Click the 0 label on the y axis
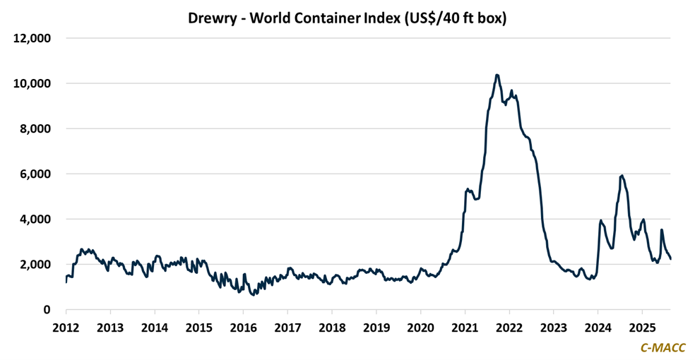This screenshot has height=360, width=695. click(x=47, y=309)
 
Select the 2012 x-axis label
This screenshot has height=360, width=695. click(x=66, y=328)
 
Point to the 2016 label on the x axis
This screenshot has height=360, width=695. click(x=243, y=328)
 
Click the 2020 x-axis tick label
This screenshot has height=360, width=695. click(x=420, y=328)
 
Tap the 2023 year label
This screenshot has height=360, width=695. click(x=553, y=328)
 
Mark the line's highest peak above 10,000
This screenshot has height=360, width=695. click(x=497, y=75)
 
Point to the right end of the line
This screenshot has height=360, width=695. click(x=670, y=259)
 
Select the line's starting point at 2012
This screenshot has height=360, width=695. click(x=66, y=282)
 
